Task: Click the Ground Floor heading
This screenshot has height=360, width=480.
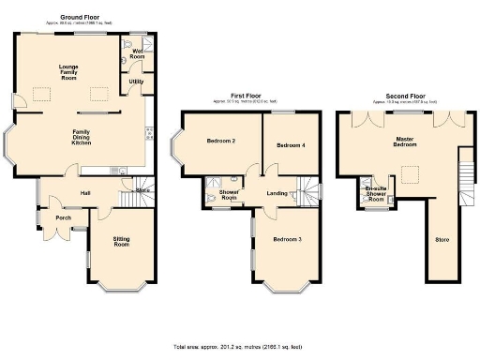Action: point(80,17)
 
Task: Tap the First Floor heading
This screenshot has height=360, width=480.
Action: point(245,96)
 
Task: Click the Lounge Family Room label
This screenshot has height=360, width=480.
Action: point(69,71)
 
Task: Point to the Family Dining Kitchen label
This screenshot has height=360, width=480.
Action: point(82,137)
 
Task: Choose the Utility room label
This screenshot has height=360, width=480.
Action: point(136,82)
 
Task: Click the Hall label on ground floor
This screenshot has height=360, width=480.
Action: point(84,193)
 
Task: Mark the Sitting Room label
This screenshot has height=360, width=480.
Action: point(121,242)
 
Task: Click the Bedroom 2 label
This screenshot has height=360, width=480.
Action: point(219,142)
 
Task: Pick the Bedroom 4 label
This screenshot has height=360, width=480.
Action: point(291,145)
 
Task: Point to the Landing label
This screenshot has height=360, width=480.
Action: point(277,193)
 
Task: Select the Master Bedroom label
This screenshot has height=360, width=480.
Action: point(405,142)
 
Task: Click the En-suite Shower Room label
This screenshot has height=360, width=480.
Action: point(375,194)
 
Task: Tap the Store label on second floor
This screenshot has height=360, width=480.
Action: point(442,240)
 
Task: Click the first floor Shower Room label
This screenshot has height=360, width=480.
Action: point(228,195)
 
